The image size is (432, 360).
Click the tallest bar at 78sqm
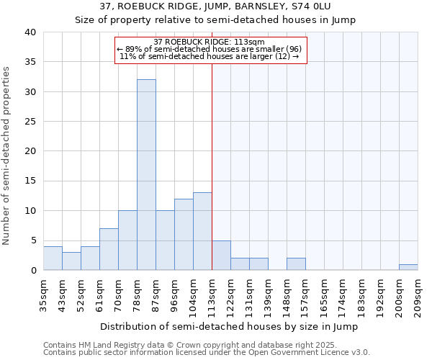(x=146, y=175)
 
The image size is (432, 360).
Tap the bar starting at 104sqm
(x=202, y=231)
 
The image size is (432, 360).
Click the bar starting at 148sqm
(x=296, y=264)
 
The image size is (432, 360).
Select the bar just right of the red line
(x=221, y=256)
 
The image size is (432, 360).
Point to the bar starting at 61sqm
(x=109, y=249)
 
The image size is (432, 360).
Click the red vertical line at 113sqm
(x=212, y=166)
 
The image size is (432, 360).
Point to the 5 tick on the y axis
(x=32, y=240)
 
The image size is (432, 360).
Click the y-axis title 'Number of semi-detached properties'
(x=7, y=155)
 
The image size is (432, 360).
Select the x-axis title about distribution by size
(x=230, y=327)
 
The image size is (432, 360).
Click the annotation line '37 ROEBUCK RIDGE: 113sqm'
(x=210, y=42)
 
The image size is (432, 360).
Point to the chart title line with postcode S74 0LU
(x=215, y=6)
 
